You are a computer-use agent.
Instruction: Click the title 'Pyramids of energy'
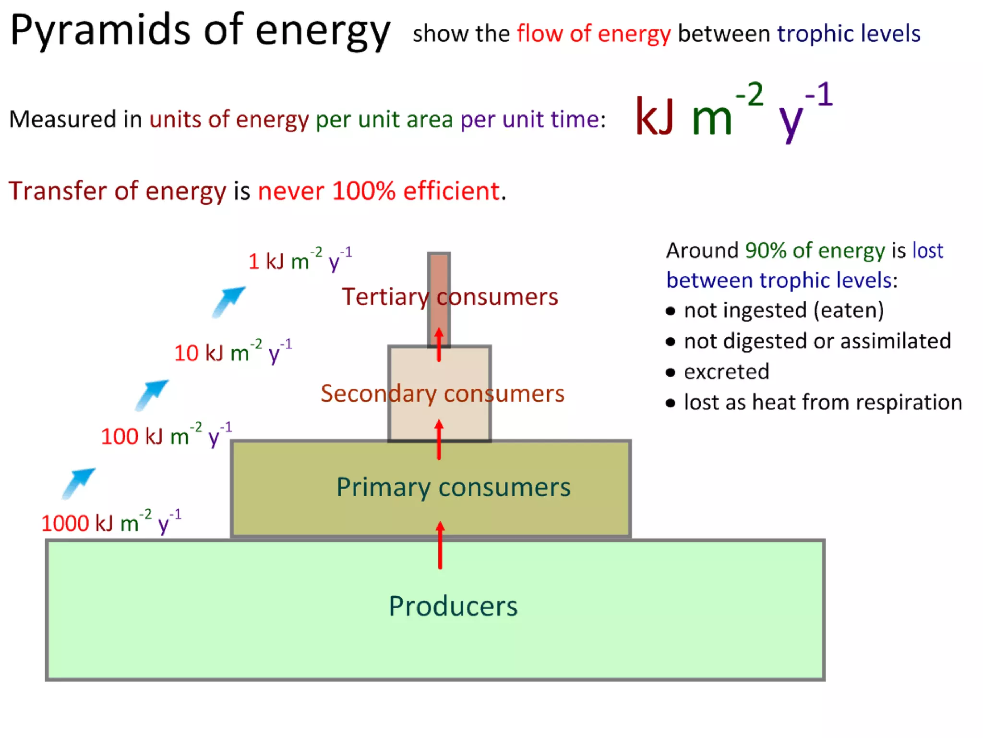[x=200, y=31]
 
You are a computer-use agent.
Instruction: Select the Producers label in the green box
[x=453, y=606]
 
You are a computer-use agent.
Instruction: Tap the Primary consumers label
[x=453, y=487]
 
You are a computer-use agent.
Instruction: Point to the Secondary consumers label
[x=442, y=394]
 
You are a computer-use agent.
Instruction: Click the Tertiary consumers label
[x=450, y=296]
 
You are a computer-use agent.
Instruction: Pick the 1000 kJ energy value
[x=111, y=522]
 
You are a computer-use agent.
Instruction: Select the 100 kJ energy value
[x=166, y=435]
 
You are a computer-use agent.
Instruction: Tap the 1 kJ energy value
[x=300, y=260]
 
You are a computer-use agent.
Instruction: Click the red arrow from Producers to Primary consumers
[x=440, y=545]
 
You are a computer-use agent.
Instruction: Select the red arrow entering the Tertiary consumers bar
[x=439, y=344]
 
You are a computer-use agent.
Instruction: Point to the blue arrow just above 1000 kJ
[x=79, y=483]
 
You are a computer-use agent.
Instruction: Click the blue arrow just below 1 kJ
[x=228, y=301]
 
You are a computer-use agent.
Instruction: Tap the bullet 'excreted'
[x=726, y=372]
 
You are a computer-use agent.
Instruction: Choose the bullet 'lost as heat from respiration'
[x=823, y=403]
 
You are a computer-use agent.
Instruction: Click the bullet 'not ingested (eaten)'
[x=783, y=310]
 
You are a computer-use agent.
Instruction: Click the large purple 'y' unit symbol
[x=791, y=119]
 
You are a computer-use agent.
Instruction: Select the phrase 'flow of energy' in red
[x=594, y=34]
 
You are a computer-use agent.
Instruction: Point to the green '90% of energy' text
[x=815, y=250]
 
